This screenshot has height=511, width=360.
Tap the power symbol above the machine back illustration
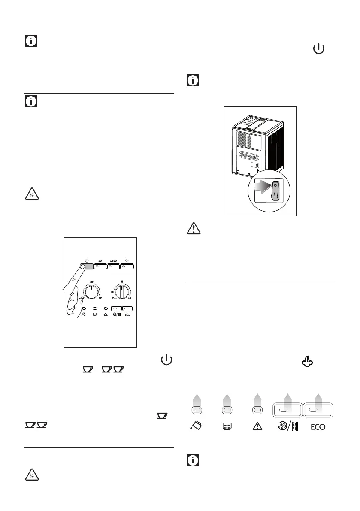click(318, 49)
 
